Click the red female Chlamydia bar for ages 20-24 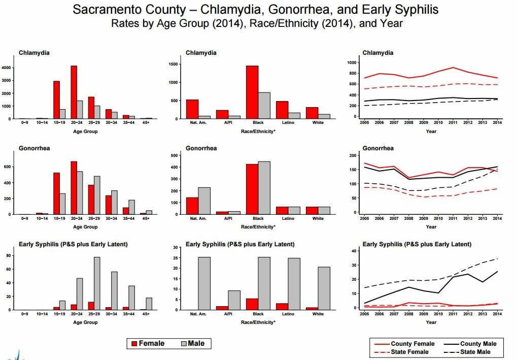click(74, 92)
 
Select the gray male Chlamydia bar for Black click(264, 106)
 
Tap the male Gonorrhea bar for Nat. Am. click(204, 201)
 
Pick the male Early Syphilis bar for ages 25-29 click(97, 284)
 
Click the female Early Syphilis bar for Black click(252, 304)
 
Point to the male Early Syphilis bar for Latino click(294, 284)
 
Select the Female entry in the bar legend click(148, 343)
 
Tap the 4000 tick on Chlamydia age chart click(7, 68)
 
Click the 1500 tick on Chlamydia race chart click(173, 64)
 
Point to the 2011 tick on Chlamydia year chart click(453, 122)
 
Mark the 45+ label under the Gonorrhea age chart click(146, 218)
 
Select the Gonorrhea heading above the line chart click(378, 148)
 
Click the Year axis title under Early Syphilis click(431, 322)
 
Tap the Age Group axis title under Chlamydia click(85, 131)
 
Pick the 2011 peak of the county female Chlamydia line click(453, 68)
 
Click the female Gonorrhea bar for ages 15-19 click(56, 193)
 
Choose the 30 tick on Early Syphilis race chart click(176, 247)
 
